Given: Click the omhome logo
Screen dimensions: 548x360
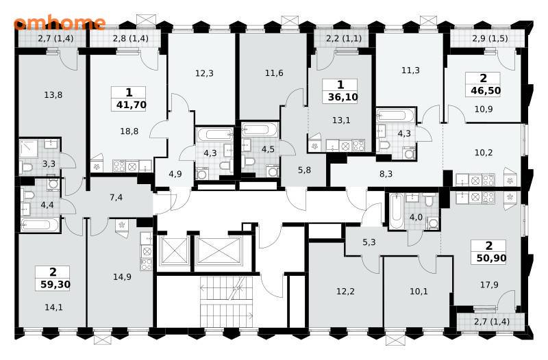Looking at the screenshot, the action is tap(60, 23).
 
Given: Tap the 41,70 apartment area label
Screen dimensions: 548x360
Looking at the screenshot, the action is tap(131, 105).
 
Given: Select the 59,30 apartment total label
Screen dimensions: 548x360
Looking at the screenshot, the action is tap(55, 284).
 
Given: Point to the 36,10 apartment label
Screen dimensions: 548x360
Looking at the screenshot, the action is tap(343, 97).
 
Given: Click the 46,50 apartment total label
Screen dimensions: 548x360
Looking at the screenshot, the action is tap(486, 90).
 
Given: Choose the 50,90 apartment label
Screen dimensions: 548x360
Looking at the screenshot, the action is tap(491, 258).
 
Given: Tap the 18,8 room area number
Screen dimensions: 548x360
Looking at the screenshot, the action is tap(129, 131).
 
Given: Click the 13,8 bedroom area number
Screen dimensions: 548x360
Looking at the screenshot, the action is tap(53, 94).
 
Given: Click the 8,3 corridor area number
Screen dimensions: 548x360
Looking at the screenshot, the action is tap(386, 174).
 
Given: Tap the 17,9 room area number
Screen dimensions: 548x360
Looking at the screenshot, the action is tap(489, 285).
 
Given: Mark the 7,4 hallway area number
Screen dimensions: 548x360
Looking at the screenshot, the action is tap(116, 197).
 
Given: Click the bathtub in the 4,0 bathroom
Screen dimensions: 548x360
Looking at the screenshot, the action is tap(397, 211).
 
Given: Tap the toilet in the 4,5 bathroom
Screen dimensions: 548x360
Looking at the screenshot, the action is tap(249, 161).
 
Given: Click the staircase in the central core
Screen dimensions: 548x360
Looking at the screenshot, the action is tap(227, 301).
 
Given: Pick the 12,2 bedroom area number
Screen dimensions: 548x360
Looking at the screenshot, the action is tap(345, 290).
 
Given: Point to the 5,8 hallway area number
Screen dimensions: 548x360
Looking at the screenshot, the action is tap(304, 170).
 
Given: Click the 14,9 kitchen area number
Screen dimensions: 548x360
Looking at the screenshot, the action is tap(122, 277).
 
